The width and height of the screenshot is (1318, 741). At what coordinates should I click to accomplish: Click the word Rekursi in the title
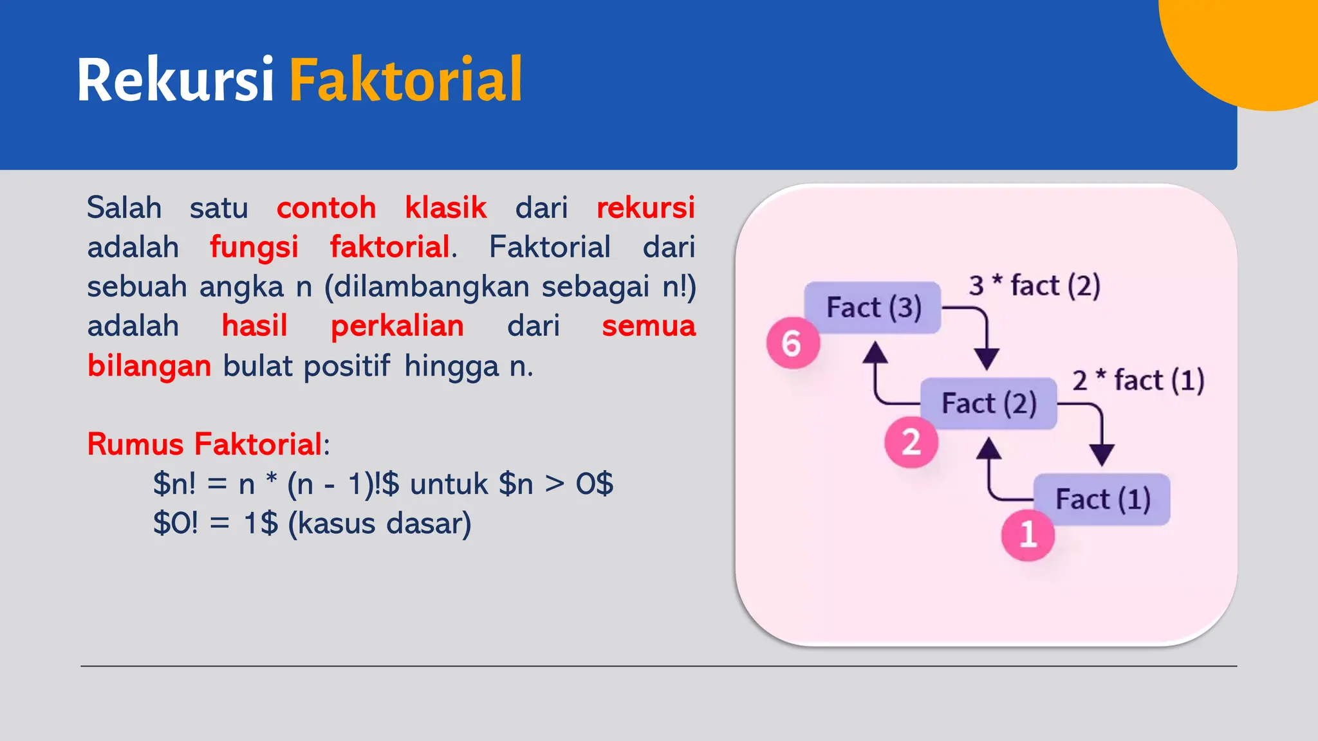click(175, 80)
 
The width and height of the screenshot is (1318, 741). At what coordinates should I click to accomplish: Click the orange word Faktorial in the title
click(405, 80)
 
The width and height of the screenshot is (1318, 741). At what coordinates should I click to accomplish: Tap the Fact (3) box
click(873, 307)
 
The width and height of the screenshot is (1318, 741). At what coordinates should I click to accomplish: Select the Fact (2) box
click(988, 403)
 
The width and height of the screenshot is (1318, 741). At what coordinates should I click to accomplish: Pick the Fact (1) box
click(1102, 499)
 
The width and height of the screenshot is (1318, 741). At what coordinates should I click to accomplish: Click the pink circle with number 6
click(793, 343)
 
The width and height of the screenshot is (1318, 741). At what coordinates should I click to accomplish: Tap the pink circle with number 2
click(911, 443)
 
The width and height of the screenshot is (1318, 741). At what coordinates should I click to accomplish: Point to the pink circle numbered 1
click(1028, 535)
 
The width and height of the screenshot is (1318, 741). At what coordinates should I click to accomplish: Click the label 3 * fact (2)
click(1034, 286)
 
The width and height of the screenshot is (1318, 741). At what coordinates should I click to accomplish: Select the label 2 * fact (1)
click(1138, 380)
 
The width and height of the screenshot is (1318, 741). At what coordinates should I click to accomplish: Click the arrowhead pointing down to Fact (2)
click(986, 358)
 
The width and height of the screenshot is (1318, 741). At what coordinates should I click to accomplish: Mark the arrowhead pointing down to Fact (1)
click(1102, 455)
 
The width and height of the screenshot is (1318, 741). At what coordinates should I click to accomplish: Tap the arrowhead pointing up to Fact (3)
click(875, 352)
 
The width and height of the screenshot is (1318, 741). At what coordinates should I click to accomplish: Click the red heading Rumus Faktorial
click(205, 444)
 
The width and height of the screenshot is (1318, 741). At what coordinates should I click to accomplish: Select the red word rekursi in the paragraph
click(645, 208)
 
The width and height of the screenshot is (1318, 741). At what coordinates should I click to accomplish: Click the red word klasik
click(445, 208)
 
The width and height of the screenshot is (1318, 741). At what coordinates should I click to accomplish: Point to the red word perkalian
click(397, 326)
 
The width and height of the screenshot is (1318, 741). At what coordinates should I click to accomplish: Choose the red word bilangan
click(149, 366)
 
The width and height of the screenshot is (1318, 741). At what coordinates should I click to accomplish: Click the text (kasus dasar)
click(380, 524)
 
